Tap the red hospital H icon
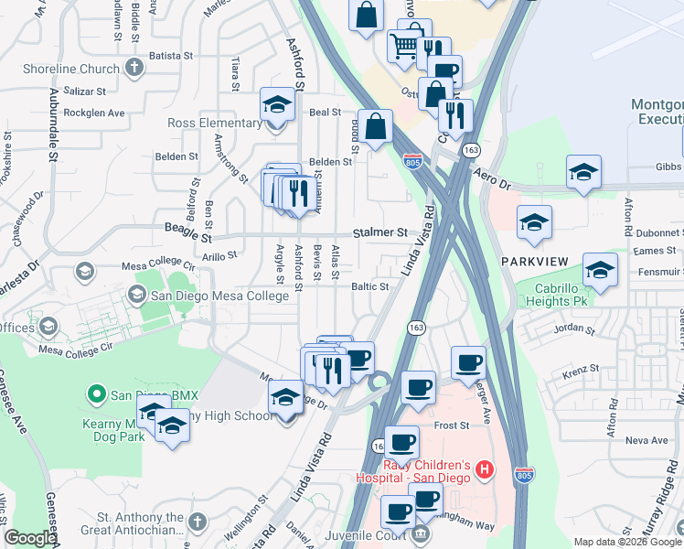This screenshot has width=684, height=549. [x=485, y=471]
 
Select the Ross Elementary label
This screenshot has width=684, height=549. [x=215, y=123]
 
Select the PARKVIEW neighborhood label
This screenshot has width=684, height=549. [x=535, y=262]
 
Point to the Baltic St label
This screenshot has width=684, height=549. [x=370, y=286]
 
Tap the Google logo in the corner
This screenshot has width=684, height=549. [x=30, y=538]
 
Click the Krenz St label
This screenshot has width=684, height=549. [x=581, y=368]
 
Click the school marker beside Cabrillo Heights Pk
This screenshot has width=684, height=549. [x=600, y=270]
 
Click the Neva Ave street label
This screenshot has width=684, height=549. [x=648, y=440]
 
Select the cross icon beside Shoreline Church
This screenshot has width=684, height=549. [x=134, y=68]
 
